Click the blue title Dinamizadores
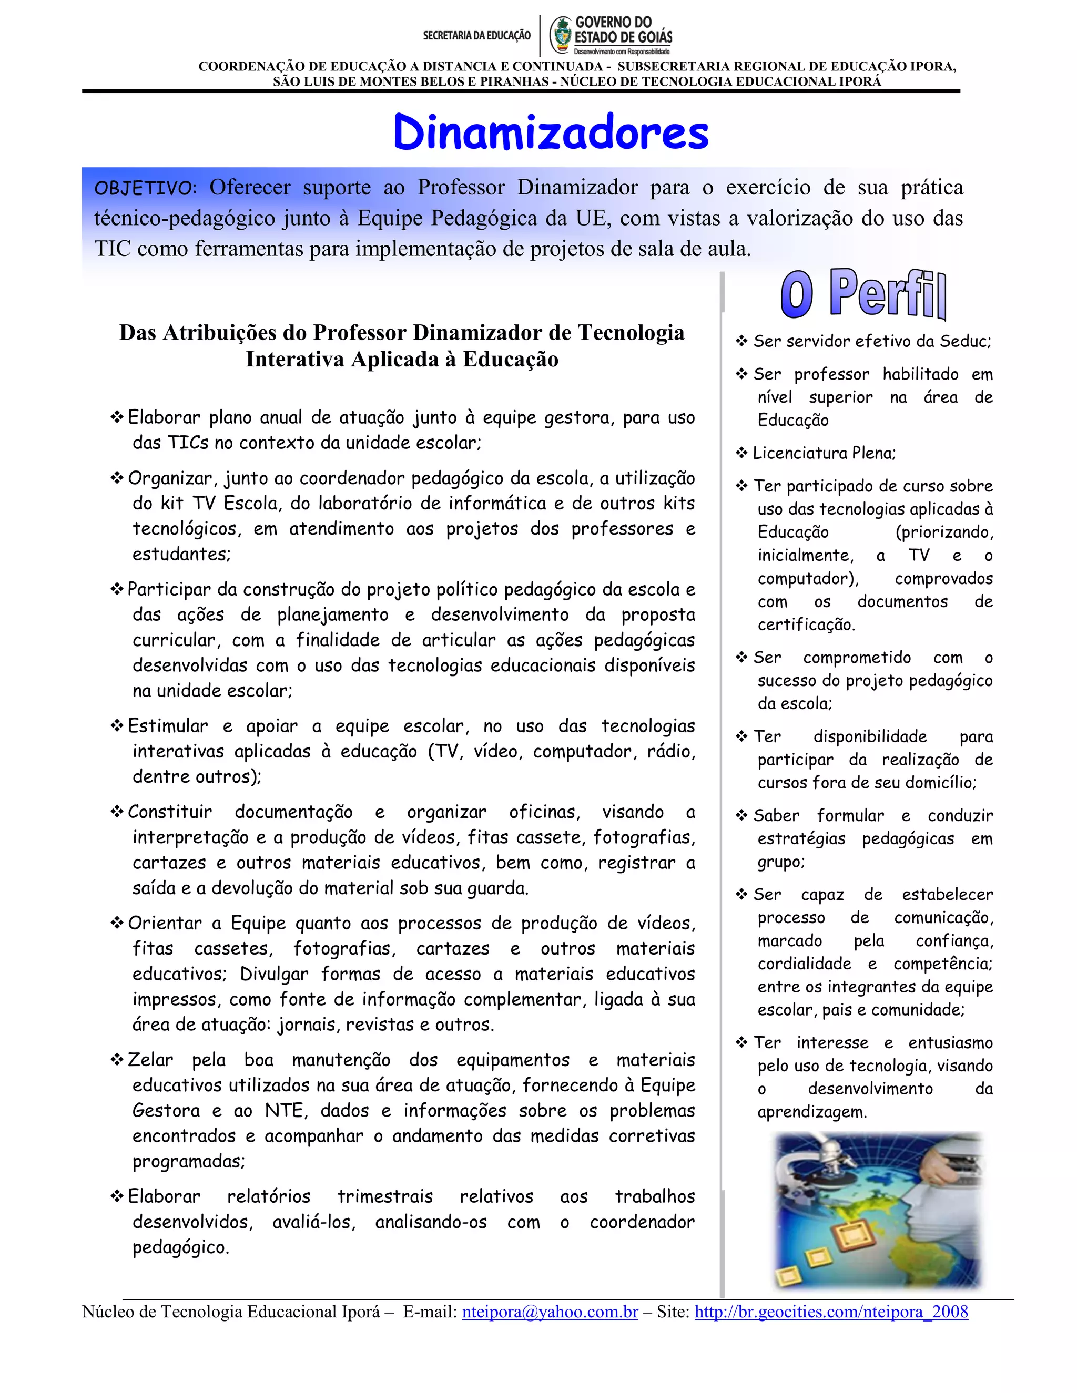551,132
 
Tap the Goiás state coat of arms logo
562,35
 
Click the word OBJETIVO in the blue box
145,188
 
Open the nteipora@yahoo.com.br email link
550,1312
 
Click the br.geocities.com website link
831,1312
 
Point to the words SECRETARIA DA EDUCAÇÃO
476,36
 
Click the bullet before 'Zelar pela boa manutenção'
117,1059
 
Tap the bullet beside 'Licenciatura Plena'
741,453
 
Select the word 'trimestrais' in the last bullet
385,1196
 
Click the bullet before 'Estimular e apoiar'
117,726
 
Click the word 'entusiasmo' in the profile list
950,1043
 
